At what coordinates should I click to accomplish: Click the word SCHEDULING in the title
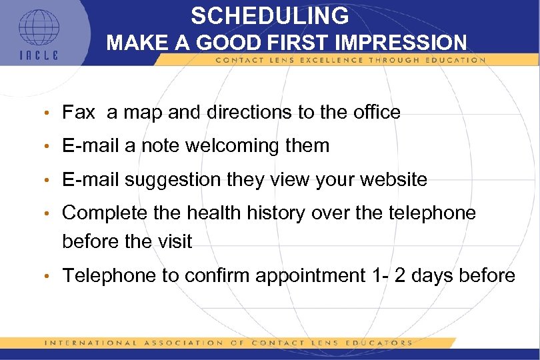(269, 15)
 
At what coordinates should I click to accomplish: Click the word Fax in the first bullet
(79, 113)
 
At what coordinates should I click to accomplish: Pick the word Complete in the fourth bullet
(104, 213)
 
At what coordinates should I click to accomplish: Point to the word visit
(175, 241)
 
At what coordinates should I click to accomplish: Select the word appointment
(306, 275)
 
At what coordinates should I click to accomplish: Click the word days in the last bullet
(439, 275)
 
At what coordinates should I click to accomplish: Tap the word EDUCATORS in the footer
(381, 343)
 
